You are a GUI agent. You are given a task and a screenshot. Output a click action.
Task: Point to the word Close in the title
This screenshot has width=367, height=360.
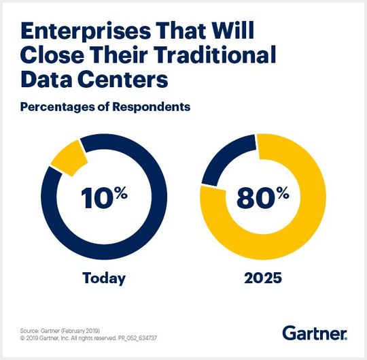point(49,55)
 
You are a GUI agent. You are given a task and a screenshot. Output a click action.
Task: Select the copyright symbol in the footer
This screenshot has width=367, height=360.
point(22,338)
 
